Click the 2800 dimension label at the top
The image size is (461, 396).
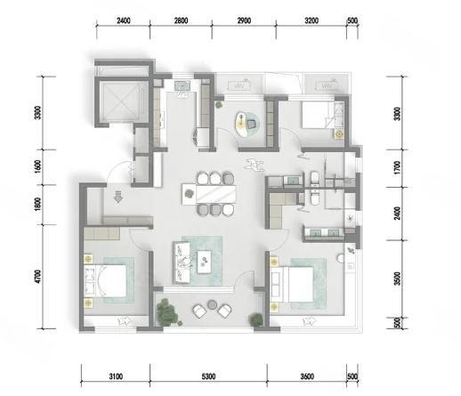(x=181, y=20)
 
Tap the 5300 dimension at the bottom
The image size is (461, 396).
(x=208, y=376)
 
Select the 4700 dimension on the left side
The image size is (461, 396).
(x=37, y=277)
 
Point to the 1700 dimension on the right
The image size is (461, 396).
(x=398, y=167)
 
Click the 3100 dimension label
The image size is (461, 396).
(x=116, y=376)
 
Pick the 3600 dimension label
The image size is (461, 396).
(x=307, y=376)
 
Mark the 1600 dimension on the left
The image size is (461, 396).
(x=37, y=167)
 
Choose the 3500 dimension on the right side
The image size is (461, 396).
(x=398, y=279)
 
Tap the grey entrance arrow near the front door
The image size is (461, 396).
(x=118, y=197)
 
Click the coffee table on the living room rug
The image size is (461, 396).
(x=204, y=262)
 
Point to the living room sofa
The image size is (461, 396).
(x=182, y=263)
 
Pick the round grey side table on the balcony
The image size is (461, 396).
(x=212, y=304)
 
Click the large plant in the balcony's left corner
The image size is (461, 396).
(x=167, y=312)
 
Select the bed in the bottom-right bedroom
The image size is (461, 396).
(x=292, y=285)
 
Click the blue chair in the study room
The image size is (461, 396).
(x=252, y=124)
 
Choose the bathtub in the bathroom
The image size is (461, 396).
(x=314, y=179)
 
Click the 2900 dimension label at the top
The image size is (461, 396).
(x=244, y=20)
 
